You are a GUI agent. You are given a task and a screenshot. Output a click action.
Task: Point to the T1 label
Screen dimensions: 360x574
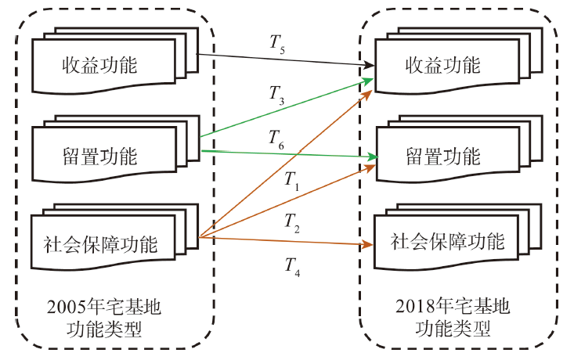(x=291, y=183)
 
